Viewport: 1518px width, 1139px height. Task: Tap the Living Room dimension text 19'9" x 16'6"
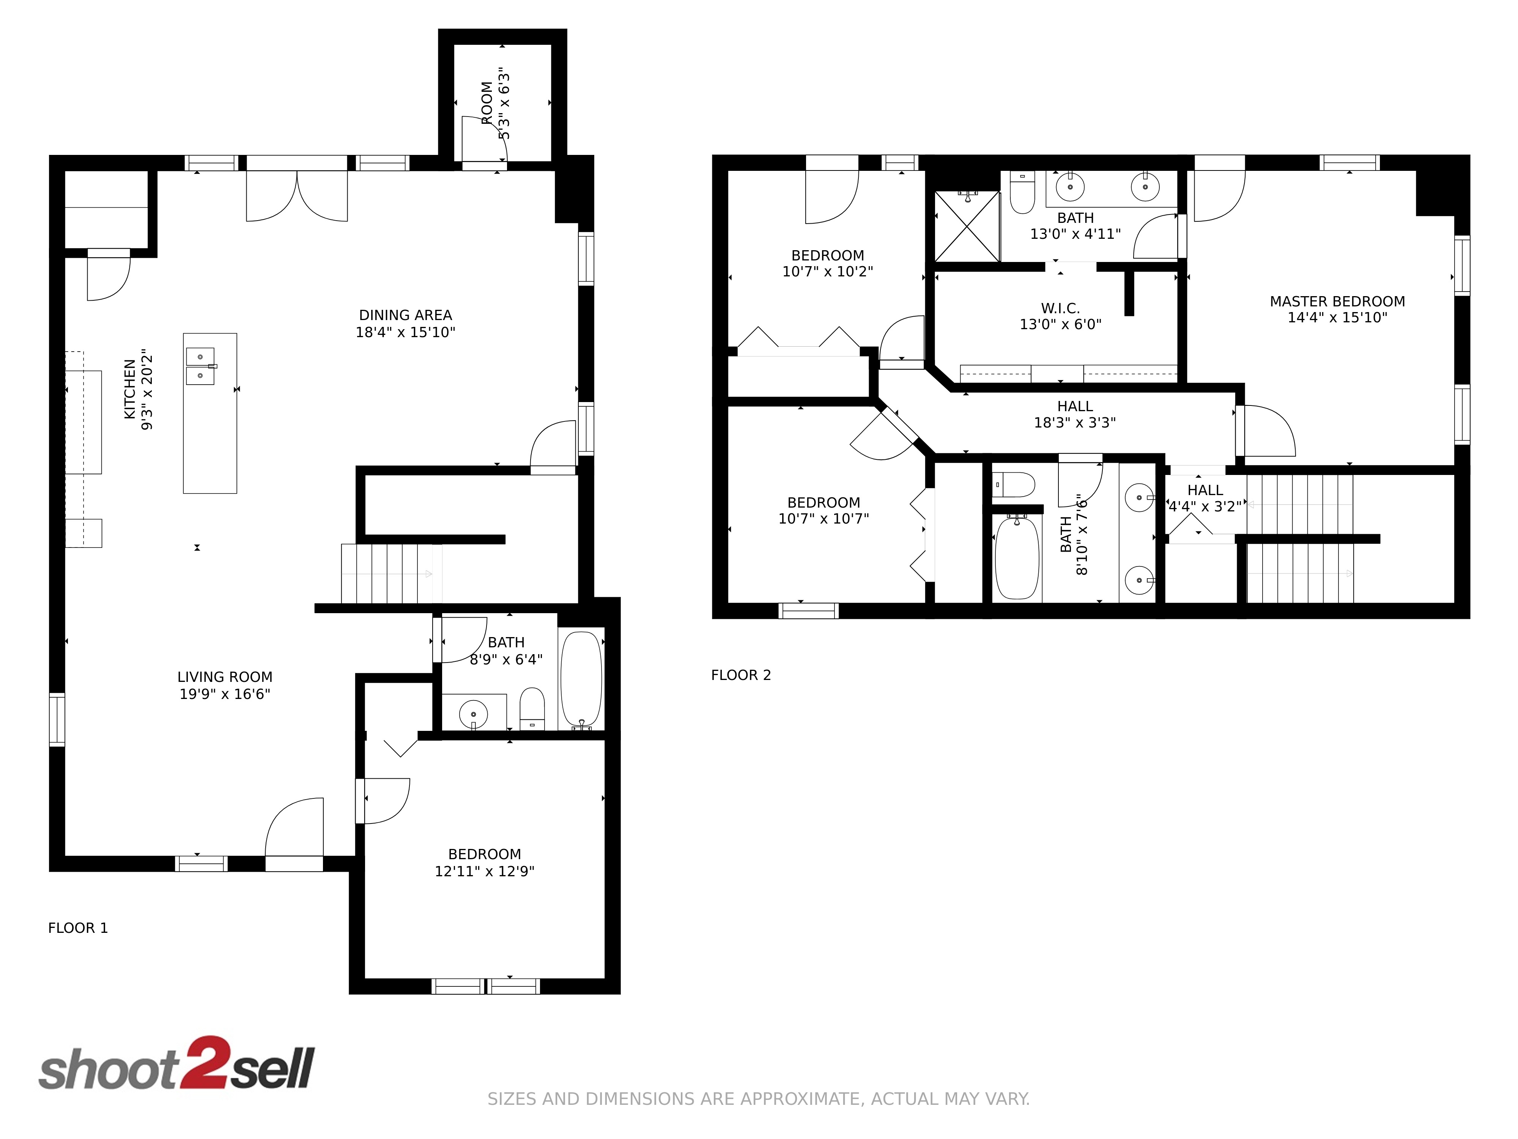tap(225, 694)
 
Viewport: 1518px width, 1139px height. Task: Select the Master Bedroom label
tap(1337, 301)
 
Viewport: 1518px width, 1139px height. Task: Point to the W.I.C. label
tap(1060, 308)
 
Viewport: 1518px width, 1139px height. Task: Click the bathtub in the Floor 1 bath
tap(581, 680)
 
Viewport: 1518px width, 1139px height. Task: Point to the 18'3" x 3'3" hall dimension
tap(1075, 423)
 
